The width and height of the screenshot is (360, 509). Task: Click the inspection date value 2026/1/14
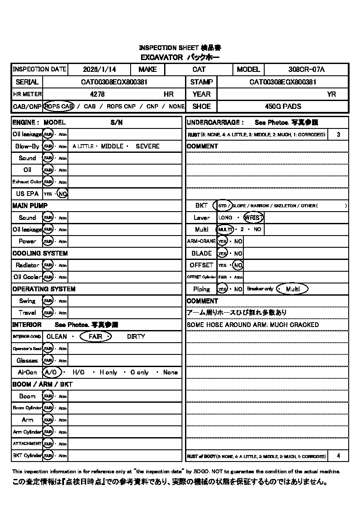click(99, 69)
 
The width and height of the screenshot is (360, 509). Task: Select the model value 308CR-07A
click(306, 69)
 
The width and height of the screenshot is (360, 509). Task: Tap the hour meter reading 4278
click(97, 94)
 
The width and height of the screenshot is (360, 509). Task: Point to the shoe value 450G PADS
click(283, 106)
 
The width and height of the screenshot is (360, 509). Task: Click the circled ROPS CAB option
click(59, 106)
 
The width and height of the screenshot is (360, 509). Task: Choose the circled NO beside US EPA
click(63, 194)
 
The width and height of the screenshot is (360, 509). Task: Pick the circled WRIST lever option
click(253, 218)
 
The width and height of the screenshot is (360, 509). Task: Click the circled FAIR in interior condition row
click(96, 337)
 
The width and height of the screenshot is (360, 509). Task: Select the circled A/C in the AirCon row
click(51, 372)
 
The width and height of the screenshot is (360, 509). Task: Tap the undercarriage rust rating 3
click(339, 135)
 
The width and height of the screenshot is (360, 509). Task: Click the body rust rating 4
click(339, 456)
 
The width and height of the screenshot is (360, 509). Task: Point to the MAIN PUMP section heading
click(30, 206)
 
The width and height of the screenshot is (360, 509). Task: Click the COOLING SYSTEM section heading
click(40, 253)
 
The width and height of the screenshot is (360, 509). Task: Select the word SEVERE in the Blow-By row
click(148, 146)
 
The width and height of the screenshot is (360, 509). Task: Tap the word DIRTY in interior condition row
click(136, 337)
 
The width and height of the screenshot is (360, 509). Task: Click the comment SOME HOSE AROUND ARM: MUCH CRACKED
click(252, 325)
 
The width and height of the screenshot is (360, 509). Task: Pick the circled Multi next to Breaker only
click(293, 289)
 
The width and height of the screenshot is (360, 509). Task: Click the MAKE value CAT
click(199, 69)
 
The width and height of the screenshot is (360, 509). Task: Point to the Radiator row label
click(27, 265)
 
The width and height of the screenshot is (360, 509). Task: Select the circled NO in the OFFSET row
click(238, 265)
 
